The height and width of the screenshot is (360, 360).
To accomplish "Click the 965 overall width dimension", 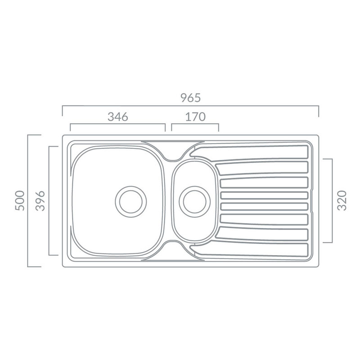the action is click(x=190, y=98).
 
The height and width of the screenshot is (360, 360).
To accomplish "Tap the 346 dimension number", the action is click(x=118, y=117).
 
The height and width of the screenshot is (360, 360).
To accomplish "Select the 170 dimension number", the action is click(x=195, y=117).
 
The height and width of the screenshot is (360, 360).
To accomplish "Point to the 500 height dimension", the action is click(x=20, y=201).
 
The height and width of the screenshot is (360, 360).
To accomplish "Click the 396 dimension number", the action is click(x=40, y=201).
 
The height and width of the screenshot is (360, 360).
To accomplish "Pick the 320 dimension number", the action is click(x=342, y=200).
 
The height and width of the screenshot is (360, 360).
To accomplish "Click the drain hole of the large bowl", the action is click(x=131, y=202).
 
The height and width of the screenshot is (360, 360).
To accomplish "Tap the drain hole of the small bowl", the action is click(x=195, y=202).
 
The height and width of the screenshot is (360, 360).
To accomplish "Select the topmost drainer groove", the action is click(x=250, y=153).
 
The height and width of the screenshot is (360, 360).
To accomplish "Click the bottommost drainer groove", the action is click(x=250, y=251).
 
